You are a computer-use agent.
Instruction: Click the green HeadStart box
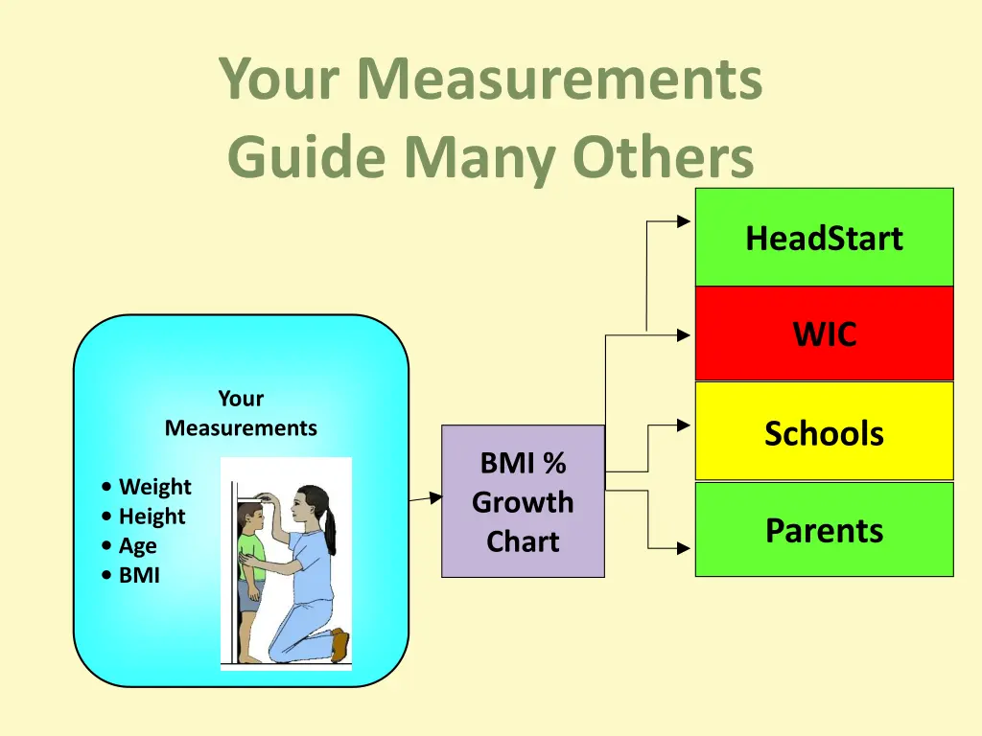click(824, 238)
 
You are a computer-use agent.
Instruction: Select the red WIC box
click(824, 333)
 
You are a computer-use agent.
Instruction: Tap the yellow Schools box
click(824, 432)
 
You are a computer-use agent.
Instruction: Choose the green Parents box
click(824, 530)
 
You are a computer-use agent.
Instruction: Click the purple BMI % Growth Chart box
click(523, 501)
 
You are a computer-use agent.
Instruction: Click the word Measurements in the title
click(560, 80)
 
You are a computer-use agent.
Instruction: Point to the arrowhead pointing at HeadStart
click(684, 221)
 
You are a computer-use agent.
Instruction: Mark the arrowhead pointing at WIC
click(684, 335)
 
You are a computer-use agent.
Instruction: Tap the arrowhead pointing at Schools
click(684, 424)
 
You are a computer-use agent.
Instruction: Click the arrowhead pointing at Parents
click(684, 549)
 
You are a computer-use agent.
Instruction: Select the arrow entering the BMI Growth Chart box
click(435, 497)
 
